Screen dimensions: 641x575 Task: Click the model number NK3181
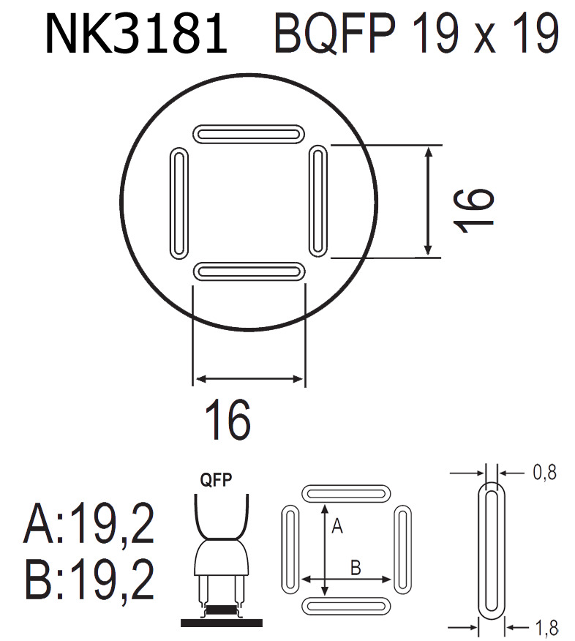point(136,34)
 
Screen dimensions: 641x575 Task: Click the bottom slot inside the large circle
point(249,271)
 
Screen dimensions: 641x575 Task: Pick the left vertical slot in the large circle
point(178,203)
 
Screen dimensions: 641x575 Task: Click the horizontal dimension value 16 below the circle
point(228,420)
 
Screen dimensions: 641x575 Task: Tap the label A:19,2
point(90,525)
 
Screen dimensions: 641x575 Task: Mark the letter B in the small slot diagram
point(356,567)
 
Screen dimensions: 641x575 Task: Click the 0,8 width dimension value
point(545,473)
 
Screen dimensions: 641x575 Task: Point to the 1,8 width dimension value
point(545,627)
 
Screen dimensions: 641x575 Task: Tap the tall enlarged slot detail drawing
point(491,549)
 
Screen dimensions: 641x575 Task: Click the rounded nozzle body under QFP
point(222,560)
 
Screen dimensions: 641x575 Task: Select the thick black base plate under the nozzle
point(222,622)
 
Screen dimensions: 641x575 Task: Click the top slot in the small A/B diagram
point(344,492)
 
